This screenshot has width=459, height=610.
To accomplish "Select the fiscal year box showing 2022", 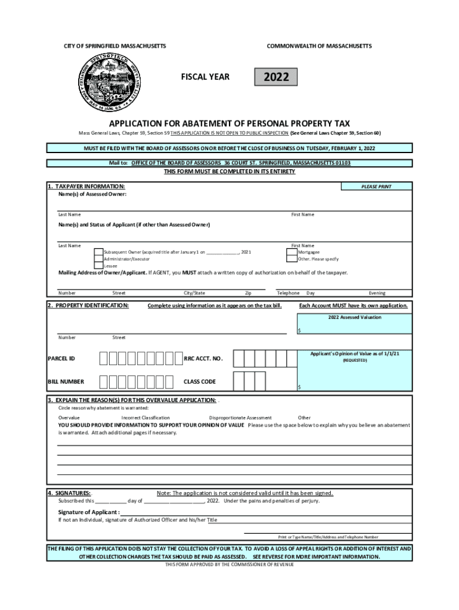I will pyautogui.click(x=276, y=77).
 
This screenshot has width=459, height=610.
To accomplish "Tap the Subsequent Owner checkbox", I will pyautogui.click(x=99, y=252).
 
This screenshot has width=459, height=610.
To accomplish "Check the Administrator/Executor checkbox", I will pyautogui.click(x=99, y=259).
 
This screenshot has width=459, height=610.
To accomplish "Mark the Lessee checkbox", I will pyautogui.click(x=99, y=266).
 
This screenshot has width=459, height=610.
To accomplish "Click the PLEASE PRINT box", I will pyautogui.click(x=376, y=186).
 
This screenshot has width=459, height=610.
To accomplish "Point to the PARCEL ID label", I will pyautogui.click(x=61, y=359).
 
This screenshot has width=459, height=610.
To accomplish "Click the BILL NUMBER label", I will pyautogui.click(x=66, y=381).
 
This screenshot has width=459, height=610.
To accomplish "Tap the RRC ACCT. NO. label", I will pyautogui.click(x=203, y=359).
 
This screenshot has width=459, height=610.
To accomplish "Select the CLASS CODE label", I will pyautogui.click(x=200, y=381).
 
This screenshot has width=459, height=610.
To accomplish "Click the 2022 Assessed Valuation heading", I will pyautogui.click(x=354, y=318).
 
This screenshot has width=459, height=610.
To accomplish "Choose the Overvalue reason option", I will pyautogui.click(x=69, y=418).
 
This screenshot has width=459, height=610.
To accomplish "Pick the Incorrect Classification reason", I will pyautogui.click(x=145, y=418).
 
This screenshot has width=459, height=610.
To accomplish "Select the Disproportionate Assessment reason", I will pyautogui.click(x=240, y=418).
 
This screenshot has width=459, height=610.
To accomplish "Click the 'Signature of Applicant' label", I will pyautogui.click(x=88, y=512).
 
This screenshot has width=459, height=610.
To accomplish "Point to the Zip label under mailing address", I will pyautogui.click(x=248, y=293).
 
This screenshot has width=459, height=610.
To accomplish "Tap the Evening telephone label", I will pyautogui.click(x=377, y=293).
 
